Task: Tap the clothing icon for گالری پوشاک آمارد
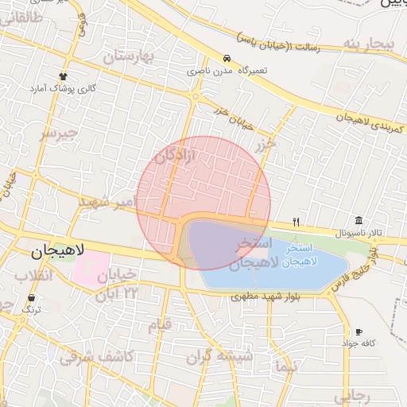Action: [x=64, y=76]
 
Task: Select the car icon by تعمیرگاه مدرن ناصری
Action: [x=227, y=59]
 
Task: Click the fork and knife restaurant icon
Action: [x=297, y=222]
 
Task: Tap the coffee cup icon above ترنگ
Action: [x=31, y=297]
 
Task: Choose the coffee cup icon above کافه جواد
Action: [x=359, y=331]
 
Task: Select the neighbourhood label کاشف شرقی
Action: [x=95, y=357]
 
